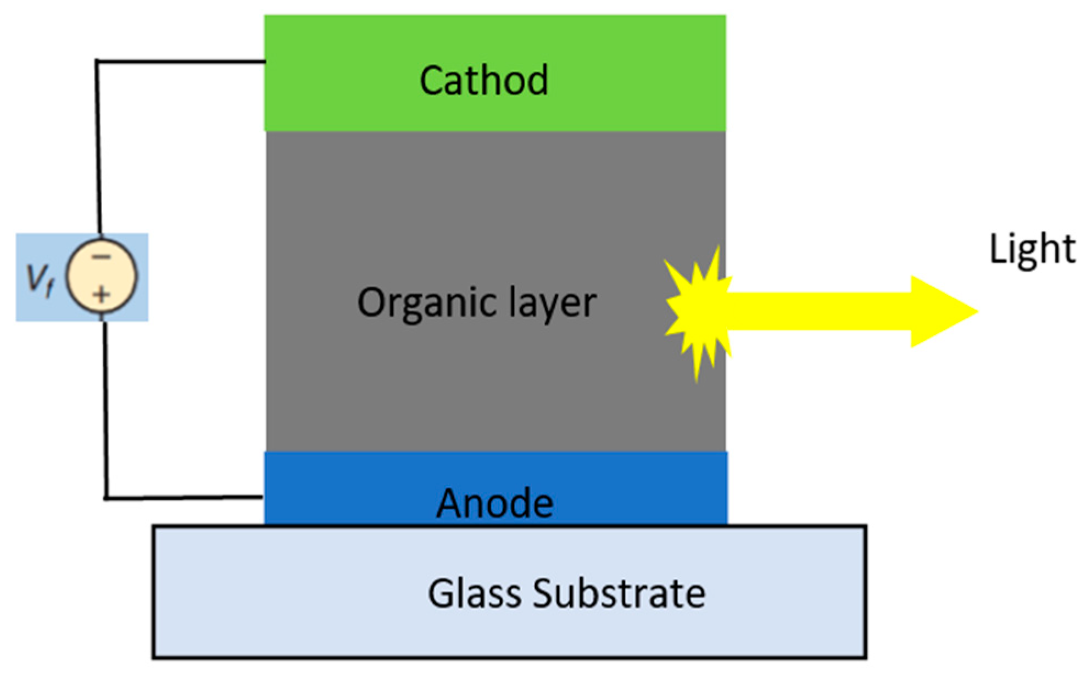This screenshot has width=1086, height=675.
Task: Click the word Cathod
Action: [x=483, y=81]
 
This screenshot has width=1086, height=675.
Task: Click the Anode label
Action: [x=494, y=503]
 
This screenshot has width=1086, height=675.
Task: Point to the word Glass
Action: [x=474, y=594]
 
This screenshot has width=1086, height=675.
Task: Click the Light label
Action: [x=1032, y=250]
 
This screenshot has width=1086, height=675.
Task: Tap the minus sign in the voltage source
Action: [x=101, y=257]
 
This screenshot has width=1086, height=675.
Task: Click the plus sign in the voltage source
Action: [x=101, y=295]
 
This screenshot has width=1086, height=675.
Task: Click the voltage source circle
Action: [x=101, y=276]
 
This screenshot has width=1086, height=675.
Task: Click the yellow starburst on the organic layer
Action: [x=697, y=313]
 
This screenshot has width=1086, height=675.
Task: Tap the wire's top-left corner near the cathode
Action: [x=97, y=61]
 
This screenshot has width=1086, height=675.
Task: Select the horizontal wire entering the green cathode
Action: [x=181, y=61]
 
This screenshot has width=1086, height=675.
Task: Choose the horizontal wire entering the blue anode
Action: [x=184, y=497]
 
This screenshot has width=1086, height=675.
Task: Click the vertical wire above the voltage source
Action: [x=98, y=148]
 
